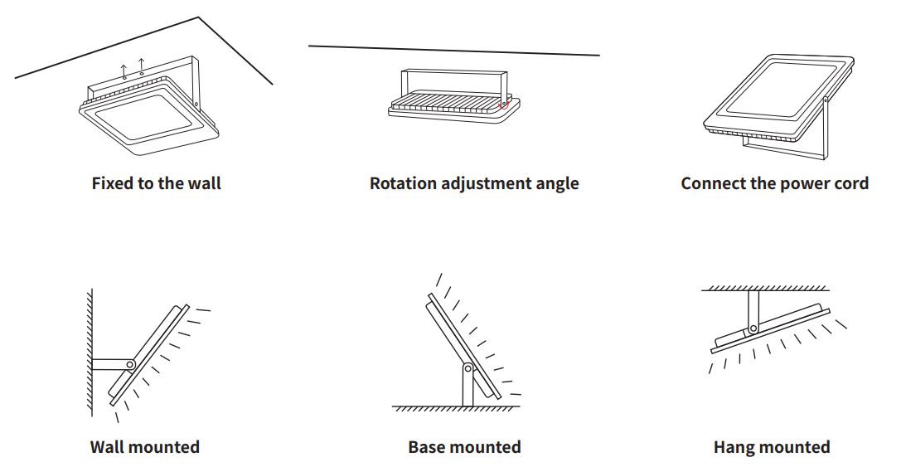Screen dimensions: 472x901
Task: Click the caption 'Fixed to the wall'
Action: pos(157,183)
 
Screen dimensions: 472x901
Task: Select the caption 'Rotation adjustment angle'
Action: pos(474,183)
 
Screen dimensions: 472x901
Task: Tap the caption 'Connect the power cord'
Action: pos(774,183)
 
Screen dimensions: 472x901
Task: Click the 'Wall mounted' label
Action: pos(145,447)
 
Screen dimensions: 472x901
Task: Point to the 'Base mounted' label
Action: pos(464,447)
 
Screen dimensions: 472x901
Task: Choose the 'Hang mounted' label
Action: pos(771,447)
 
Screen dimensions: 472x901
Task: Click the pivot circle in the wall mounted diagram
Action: pos(129,364)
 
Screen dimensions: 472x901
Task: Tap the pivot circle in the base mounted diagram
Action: pos(468,367)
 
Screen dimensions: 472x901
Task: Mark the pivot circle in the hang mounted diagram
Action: pos(753,328)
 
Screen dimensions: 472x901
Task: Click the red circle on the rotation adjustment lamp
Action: pos(504,105)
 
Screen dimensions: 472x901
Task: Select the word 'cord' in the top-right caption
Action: pos(850,183)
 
